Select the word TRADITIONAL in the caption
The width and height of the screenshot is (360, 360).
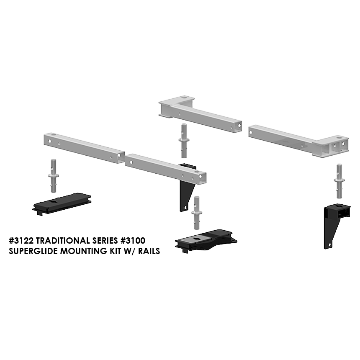coord(63,241)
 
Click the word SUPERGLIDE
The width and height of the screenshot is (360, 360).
coord(33,251)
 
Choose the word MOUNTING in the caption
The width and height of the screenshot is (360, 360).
coord(83,251)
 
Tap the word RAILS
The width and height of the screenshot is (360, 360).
coord(149,251)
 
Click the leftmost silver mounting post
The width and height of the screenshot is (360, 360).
coord(54,176)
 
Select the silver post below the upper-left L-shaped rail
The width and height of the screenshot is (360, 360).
coord(184,141)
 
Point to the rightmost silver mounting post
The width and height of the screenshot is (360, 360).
coord(339,181)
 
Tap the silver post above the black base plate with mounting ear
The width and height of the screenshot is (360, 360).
coord(196,213)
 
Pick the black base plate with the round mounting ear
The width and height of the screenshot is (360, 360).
coord(206,241)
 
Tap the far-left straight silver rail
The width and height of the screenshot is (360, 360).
coord(84,148)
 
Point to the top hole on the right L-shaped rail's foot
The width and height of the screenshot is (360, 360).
coord(339,138)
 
